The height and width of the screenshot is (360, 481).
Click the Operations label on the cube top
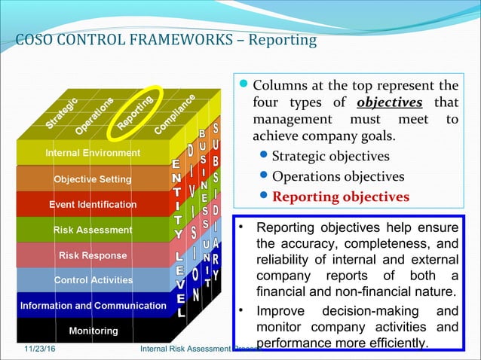click(x=95, y=114)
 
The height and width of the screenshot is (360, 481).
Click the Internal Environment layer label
click(x=93, y=153)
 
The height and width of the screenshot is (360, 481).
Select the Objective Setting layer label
click(x=93, y=179)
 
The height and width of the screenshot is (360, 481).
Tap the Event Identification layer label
click(x=93, y=204)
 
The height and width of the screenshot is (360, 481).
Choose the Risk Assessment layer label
click(x=93, y=230)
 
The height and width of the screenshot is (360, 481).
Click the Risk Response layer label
click(x=93, y=255)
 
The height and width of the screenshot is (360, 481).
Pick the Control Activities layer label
click(x=93, y=280)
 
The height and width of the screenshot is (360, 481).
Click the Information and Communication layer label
click(x=93, y=306)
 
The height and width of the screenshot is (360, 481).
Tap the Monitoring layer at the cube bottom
click(x=93, y=331)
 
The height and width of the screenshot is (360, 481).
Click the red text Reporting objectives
click(x=341, y=197)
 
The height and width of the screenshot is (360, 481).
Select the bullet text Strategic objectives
click(x=330, y=157)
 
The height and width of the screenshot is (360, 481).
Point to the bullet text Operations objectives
click(x=338, y=177)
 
